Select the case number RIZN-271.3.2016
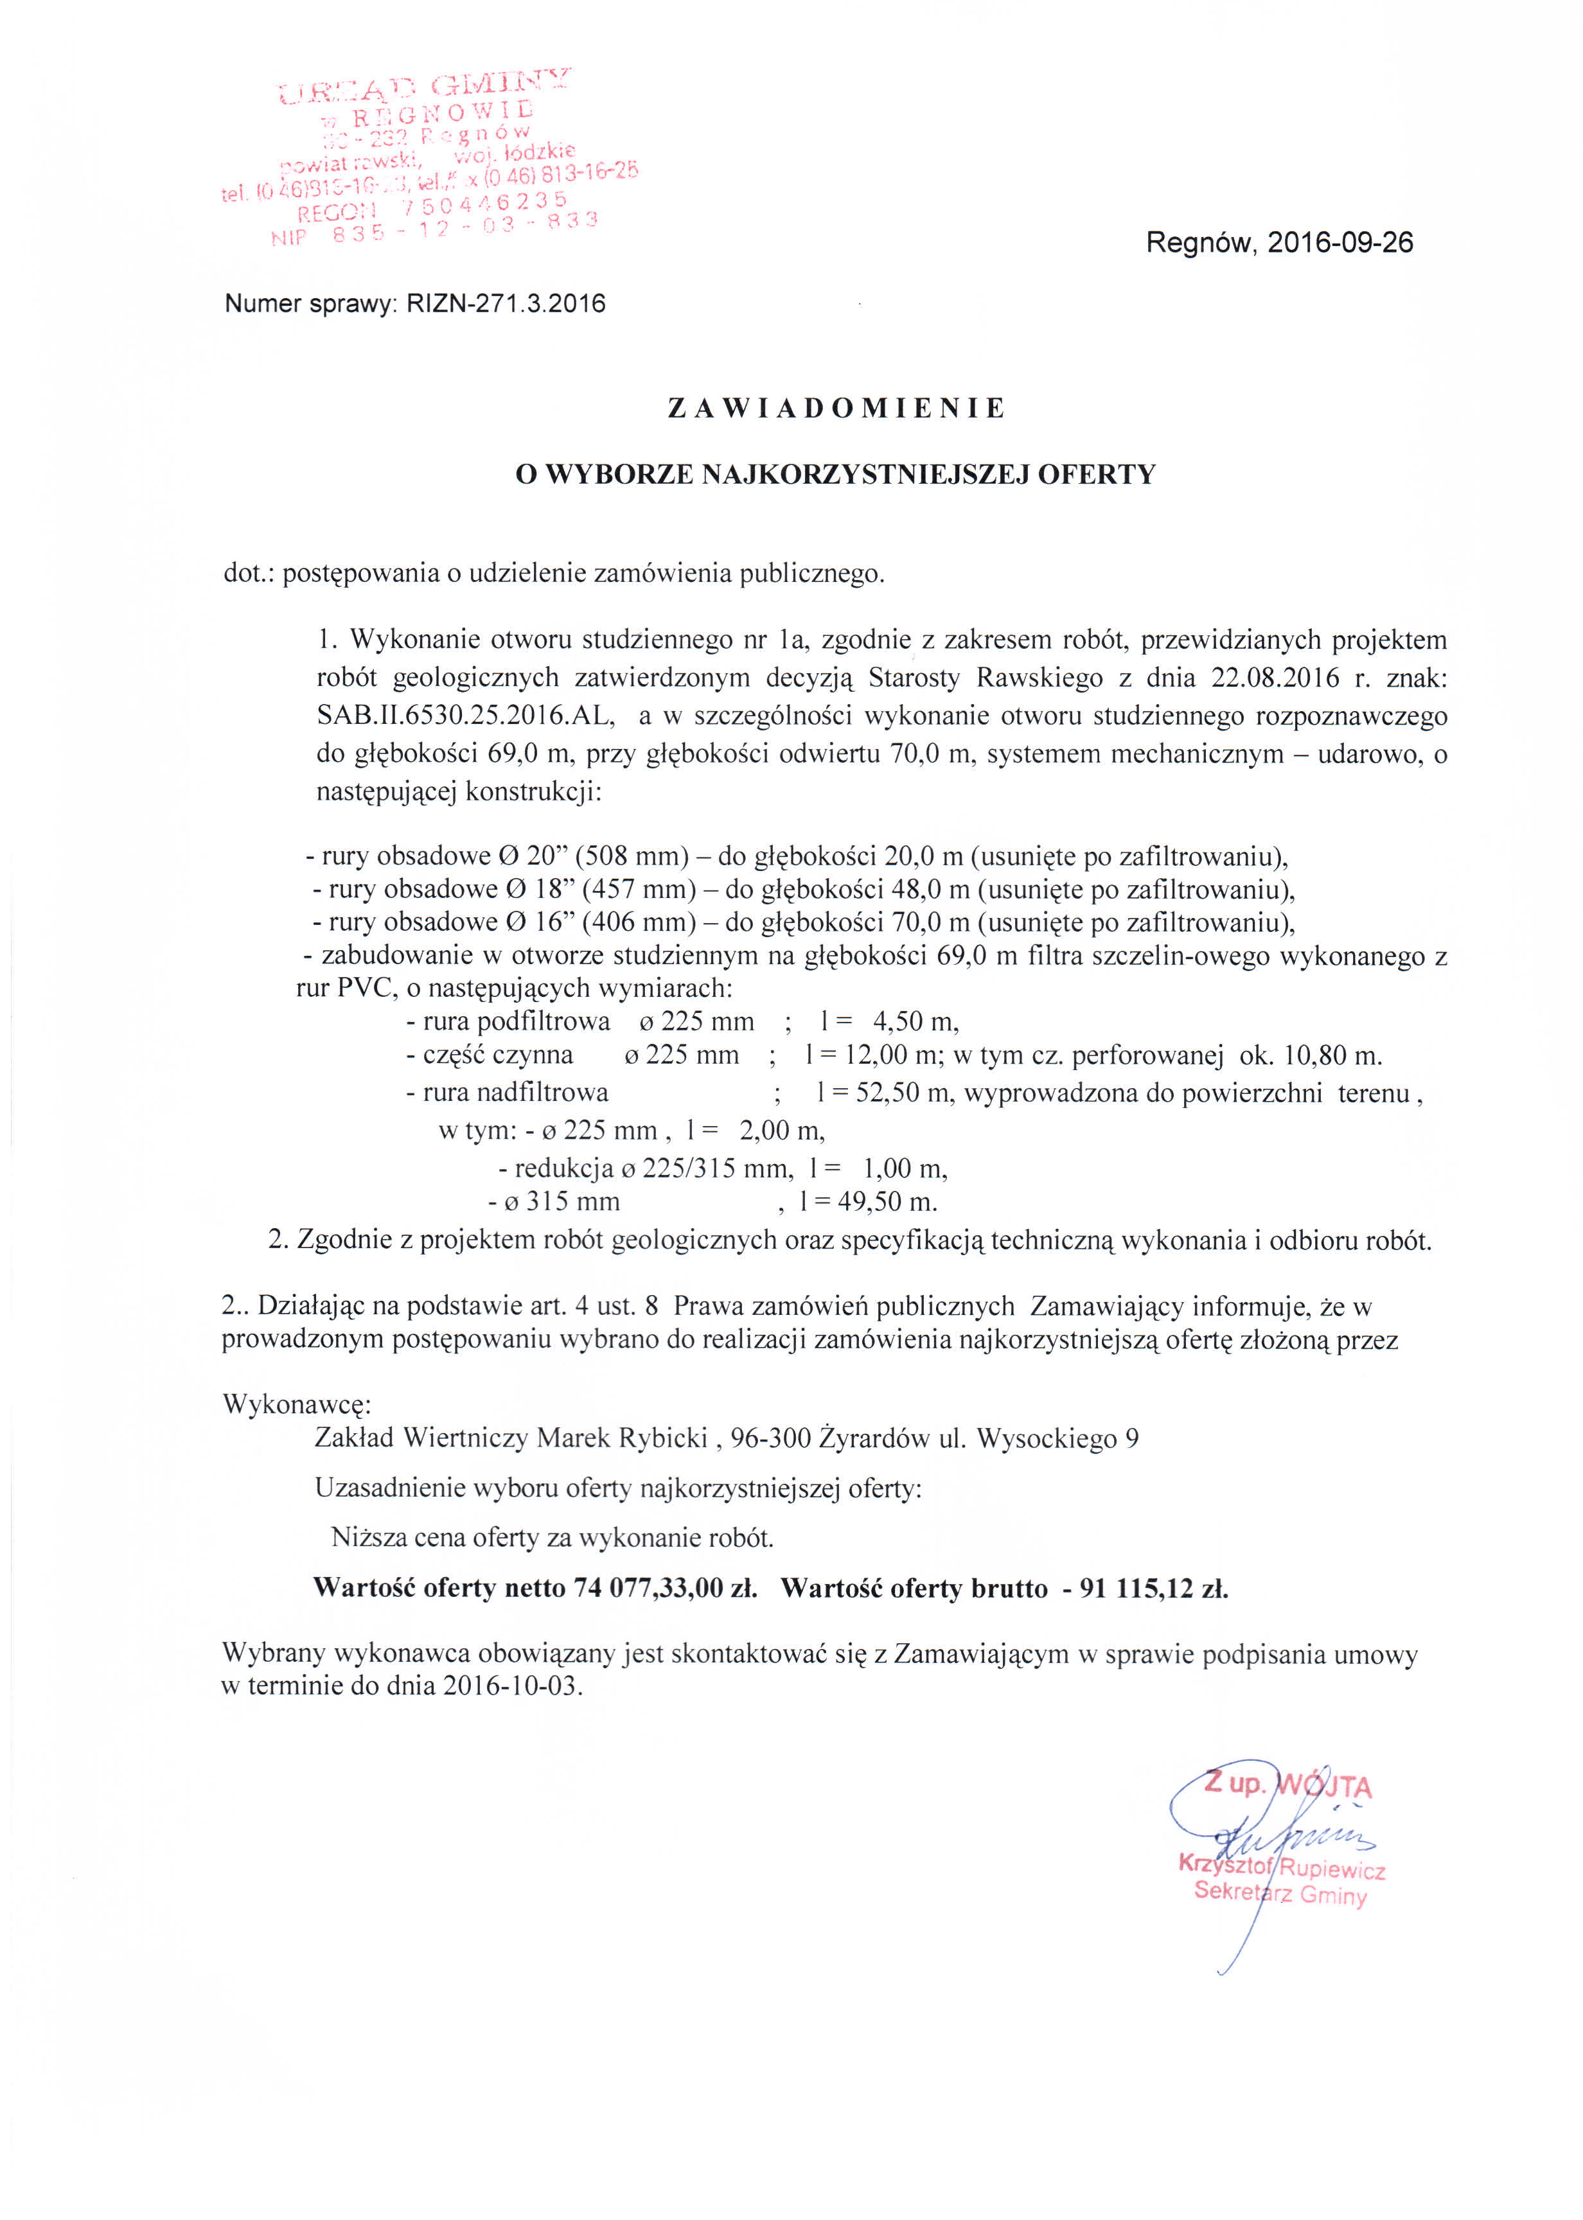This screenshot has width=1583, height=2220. coord(506,304)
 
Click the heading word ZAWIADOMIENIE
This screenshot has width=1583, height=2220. coord(835,409)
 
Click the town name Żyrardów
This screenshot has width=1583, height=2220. coord(873,1438)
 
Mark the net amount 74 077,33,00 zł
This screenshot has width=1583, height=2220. coord(666,1589)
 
